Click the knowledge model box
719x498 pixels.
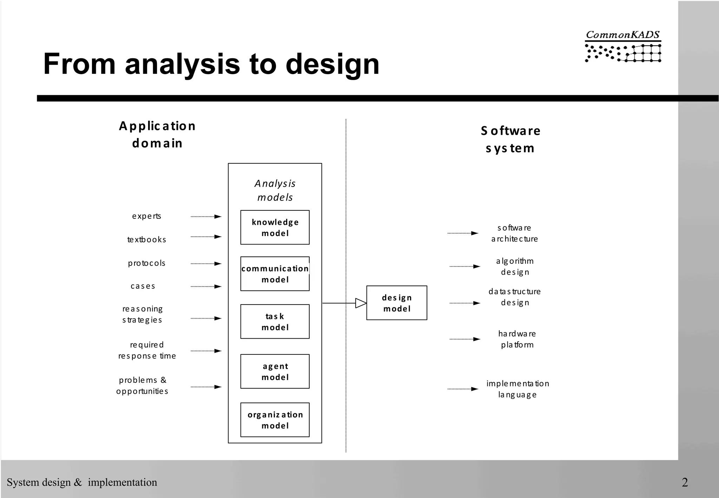[275, 227]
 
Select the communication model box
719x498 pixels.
[275, 274]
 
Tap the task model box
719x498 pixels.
[275, 321]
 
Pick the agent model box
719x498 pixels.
[275, 371]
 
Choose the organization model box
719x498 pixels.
[275, 420]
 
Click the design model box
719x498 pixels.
[397, 303]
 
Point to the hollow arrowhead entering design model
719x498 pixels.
[361, 303]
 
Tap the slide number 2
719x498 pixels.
[685, 482]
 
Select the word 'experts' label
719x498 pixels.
[146, 216]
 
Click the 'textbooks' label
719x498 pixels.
[146, 240]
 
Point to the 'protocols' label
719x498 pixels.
[146, 263]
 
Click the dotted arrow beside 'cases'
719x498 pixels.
[206, 287]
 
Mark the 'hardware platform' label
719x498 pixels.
[517, 339]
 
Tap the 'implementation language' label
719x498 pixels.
[517, 389]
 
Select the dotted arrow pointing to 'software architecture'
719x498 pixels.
[463, 233]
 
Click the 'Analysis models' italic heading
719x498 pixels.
[275, 190]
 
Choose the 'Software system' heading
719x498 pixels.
[510, 139]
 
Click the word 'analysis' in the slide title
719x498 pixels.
[183, 64]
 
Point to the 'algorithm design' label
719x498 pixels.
[515, 266]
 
